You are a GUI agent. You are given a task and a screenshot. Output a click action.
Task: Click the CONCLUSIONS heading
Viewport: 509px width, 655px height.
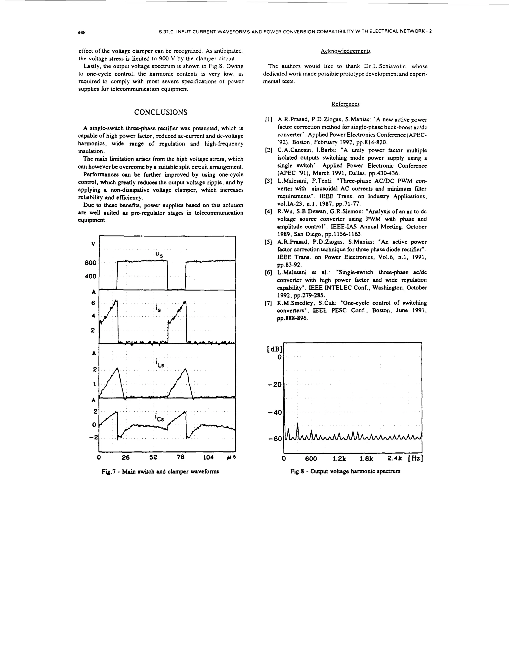[161, 112]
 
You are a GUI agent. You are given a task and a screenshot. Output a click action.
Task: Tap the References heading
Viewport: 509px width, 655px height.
[345, 104]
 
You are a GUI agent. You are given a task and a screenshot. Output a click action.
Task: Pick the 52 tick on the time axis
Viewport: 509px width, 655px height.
[153, 457]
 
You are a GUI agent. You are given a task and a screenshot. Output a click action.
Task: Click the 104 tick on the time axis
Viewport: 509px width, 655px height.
[208, 457]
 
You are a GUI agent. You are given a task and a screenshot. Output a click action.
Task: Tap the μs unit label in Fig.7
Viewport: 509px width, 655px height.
[231, 457]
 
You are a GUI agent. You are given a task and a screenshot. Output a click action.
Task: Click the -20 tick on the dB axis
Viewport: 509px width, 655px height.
[275, 385]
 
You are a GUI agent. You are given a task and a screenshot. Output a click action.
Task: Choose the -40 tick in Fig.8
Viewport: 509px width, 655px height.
[275, 412]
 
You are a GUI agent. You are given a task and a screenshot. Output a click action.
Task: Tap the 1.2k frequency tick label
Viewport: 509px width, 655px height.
[339, 459]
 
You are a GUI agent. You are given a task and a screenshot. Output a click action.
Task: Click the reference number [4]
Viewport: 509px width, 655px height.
[268, 212]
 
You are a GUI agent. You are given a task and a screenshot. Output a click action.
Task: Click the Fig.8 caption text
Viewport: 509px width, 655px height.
[345, 471]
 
